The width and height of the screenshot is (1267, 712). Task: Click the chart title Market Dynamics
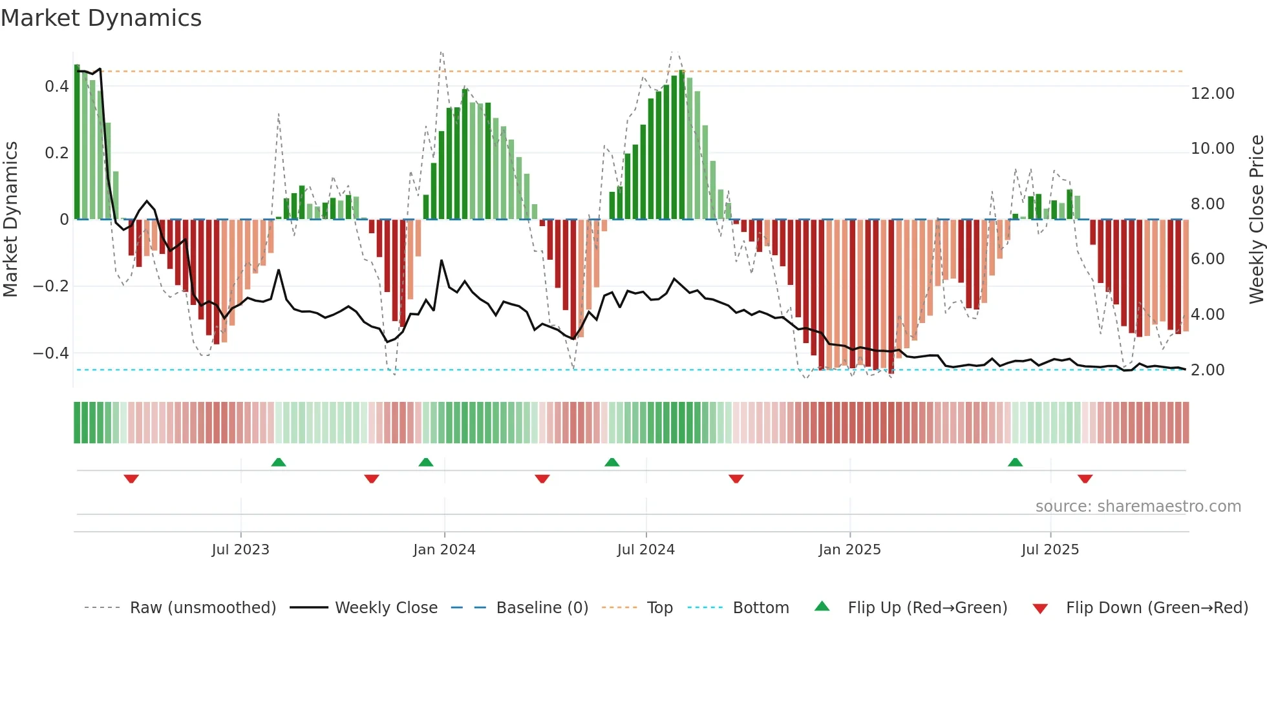(x=101, y=18)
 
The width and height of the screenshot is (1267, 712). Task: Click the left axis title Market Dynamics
(x=10, y=219)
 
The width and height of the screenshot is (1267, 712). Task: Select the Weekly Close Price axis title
(x=1256, y=219)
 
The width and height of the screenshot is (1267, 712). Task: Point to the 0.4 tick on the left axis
(x=56, y=87)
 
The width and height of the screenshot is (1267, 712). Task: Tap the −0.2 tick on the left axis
(x=50, y=286)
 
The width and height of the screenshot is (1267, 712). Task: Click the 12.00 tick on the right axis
(x=1212, y=94)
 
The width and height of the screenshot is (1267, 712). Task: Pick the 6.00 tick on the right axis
(x=1208, y=259)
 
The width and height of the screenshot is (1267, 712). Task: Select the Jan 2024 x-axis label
(x=444, y=550)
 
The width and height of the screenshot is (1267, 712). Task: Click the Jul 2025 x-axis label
(x=1050, y=550)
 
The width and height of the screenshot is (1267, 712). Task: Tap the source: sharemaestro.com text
(x=1138, y=507)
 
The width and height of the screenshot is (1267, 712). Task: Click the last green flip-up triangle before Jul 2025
(x=1015, y=463)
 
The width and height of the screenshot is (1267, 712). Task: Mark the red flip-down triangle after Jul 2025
(x=1085, y=479)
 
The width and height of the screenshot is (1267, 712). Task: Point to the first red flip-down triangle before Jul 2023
(x=131, y=479)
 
